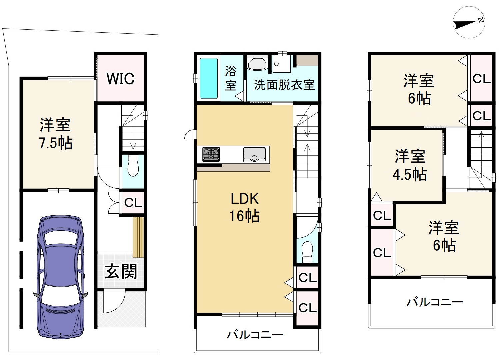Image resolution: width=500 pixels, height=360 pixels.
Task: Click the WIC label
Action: (x=121, y=79)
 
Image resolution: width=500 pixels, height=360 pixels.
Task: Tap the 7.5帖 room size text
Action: (x=56, y=143)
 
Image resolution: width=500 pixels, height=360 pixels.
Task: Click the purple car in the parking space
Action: (x=61, y=277)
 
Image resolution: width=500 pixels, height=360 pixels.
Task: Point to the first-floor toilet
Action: (x=133, y=166)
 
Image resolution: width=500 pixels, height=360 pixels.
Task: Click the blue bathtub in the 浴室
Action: (x=208, y=78)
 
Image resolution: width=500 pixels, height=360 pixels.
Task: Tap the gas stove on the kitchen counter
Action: (x=211, y=154)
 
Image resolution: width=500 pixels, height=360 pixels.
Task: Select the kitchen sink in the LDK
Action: (x=254, y=154)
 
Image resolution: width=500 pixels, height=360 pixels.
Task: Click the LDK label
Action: (x=245, y=199)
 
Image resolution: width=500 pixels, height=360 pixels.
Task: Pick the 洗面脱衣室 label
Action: (x=284, y=85)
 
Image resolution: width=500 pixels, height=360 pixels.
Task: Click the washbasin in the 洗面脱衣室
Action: (x=257, y=64)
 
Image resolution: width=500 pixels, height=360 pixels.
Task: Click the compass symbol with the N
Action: (x=469, y=26)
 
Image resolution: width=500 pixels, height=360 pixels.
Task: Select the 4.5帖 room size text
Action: (x=410, y=175)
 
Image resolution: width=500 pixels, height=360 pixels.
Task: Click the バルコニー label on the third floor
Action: (x=435, y=302)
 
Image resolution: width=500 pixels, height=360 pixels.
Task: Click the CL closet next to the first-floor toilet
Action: (x=133, y=203)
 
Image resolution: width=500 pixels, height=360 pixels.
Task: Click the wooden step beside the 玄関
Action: (x=138, y=237)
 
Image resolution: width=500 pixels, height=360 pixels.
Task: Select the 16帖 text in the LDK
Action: (x=244, y=216)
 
